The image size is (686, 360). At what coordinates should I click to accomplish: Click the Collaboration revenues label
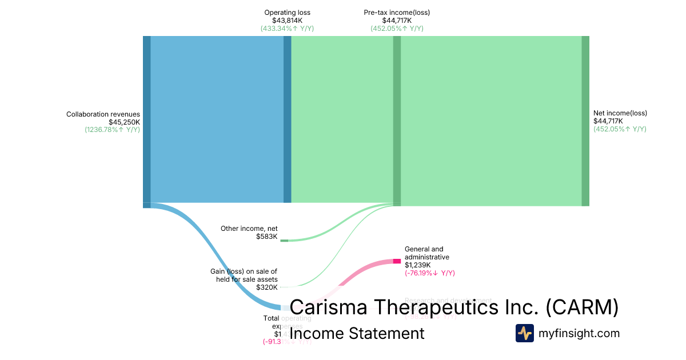pyautogui.click(x=103, y=114)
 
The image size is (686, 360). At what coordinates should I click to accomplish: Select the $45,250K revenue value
pyautogui.click(x=124, y=122)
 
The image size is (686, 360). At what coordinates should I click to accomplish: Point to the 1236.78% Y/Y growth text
pyautogui.click(x=112, y=130)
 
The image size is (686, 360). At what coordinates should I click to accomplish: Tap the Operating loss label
pyautogui.click(x=287, y=13)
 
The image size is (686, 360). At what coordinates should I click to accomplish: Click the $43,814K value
pyautogui.click(x=287, y=21)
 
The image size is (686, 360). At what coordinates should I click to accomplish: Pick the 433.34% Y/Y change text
pyautogui.click(x=287, y=29)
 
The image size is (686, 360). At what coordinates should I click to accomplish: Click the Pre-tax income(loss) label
pyautogui.click(x=397, y=13)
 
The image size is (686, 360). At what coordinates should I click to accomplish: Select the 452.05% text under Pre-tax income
pyautogui.click(x=397, y=29)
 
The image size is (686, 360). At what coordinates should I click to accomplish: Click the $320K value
pyautogui.click(x=266, y=287)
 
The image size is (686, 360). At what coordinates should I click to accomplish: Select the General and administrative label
pyautogui.click(x=424, y=253)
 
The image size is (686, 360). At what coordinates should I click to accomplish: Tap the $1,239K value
pyautogui.click(x=418, y=265)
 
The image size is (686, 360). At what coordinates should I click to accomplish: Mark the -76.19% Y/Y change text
pyautogui.click(x=429, y=273)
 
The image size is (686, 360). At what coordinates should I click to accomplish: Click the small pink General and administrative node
pyautogui.click(x=397, y=261)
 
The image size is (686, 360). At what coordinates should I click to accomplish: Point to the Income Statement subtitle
pyautogui.click(x=357, y=333)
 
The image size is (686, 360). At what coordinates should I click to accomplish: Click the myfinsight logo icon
pyautogui.click(x=524, y=333)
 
